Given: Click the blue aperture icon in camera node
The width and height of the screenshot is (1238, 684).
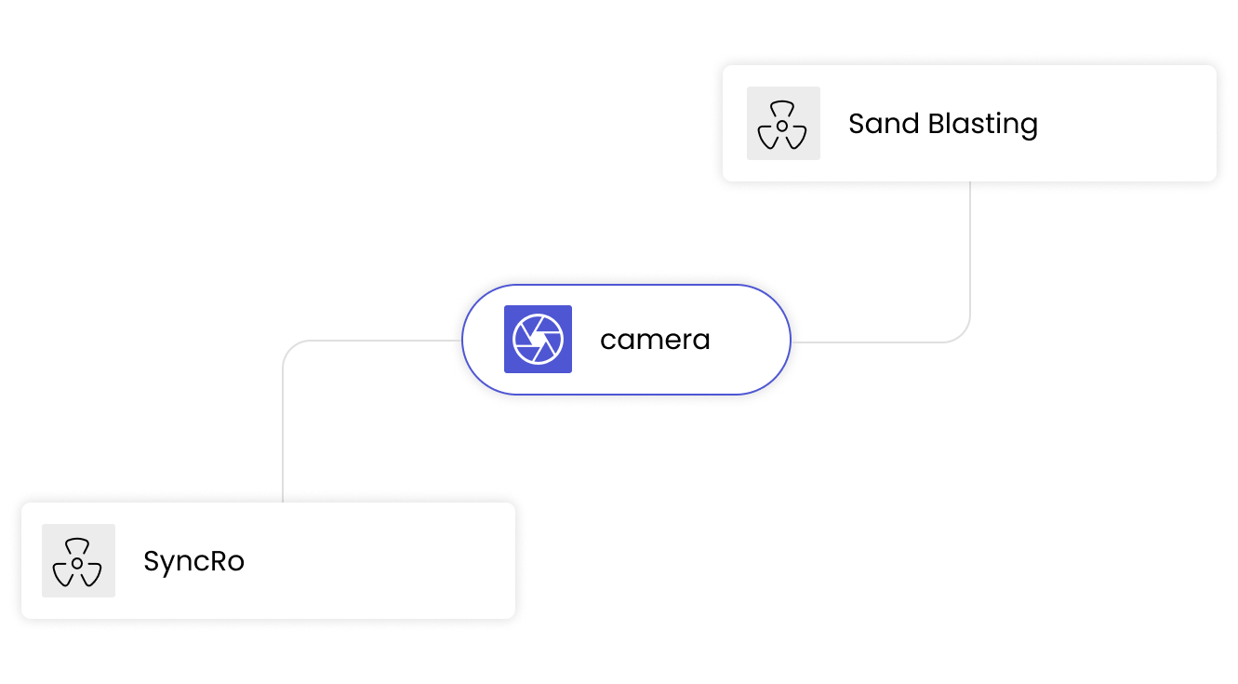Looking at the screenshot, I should click(x=538, y=340).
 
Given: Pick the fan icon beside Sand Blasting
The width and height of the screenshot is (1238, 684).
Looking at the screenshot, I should click(x=783, y=124).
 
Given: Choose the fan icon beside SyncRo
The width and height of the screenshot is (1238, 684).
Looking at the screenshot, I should click(x=78, y=561).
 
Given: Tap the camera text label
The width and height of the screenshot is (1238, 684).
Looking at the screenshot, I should click(x=655, y=340).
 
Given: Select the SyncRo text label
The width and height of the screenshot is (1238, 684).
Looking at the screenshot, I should click(x=193, y=562).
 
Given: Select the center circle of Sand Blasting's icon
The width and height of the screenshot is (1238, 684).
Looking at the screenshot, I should click(x=783, y=126).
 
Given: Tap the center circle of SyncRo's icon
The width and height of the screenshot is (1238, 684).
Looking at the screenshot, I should click(x=78, y=563).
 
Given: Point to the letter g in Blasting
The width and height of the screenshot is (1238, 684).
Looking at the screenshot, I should click(x=1028, y=127).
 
